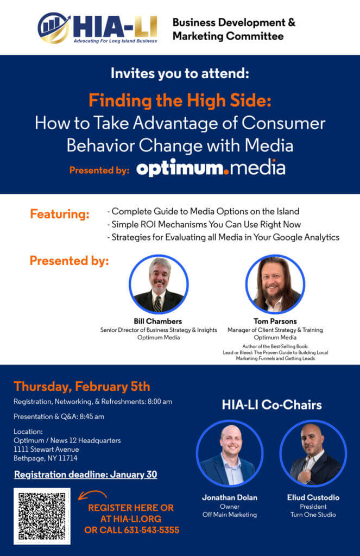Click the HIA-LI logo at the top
tap(98, 28)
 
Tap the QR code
tap(42, 516)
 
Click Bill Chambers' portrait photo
tap(159, 284)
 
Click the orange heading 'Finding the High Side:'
tap(180, 100)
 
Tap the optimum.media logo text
tap(211, 168)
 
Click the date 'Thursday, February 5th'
tap(82, 387)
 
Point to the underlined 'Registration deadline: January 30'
tap(85, 474)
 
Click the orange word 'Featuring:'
tap(60, 214)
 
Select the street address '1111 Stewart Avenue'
tap(46, 449)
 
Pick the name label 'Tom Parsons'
tap(275, 321)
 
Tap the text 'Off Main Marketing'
tap(229, 514)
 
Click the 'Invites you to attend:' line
tap(180, 74)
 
